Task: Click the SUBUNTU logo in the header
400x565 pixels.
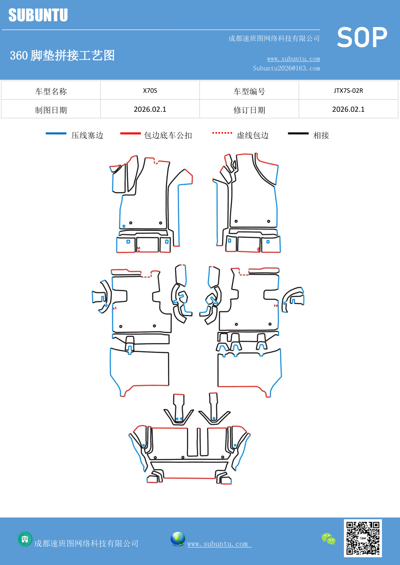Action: coord(38,15)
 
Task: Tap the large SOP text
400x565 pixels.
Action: coord(362,37)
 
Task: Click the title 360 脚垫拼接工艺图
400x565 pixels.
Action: coord(62,55)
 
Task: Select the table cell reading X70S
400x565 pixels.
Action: coord(150,91)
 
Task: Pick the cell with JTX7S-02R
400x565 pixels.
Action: coord(348,91)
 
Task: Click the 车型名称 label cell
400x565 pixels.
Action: coord(51,91)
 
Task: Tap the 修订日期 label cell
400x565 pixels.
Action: coord(249,110)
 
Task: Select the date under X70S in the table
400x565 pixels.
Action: coord(150,109)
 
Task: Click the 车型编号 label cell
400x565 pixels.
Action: coord(249,91)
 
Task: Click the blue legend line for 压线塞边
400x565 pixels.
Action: coord(56,133)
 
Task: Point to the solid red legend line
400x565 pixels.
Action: coord(130,133)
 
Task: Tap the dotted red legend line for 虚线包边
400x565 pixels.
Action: coord(222,133)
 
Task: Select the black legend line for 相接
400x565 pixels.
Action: coord(298,133)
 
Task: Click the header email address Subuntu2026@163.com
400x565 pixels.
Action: coord(286,68)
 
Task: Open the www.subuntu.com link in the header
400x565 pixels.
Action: coord(293,59)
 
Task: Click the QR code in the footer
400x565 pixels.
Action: coord(363,538)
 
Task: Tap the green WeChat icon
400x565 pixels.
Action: coord(328,539)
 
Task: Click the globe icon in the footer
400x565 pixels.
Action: coord(178,539)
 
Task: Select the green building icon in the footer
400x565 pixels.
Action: coord(25,539)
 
